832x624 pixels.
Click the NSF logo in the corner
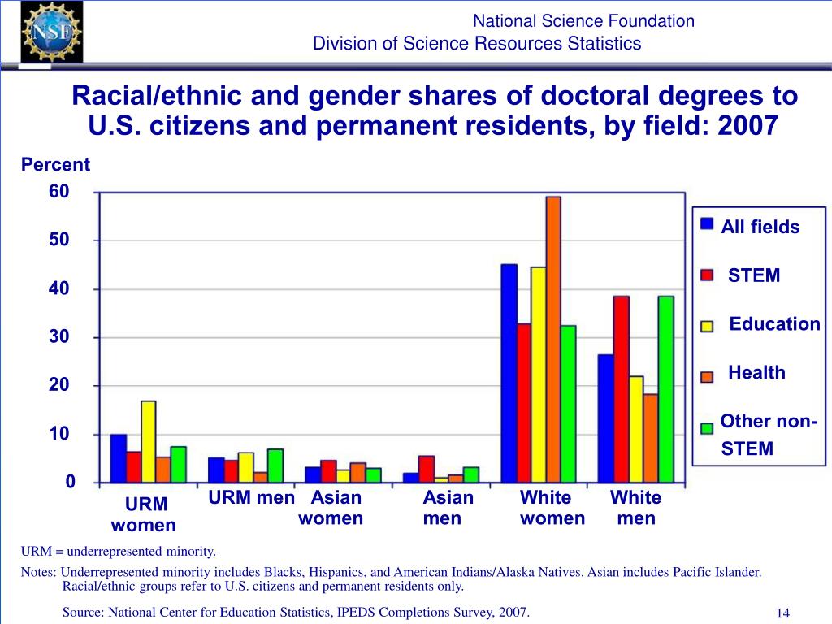click(x=51, y=32)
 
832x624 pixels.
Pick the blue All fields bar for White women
click(x=509, y=373)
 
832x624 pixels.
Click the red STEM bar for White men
click(x=622, y=389)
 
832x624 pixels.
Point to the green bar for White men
click(x=666, y=389)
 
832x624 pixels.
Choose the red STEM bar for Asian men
click(x=427, y=469)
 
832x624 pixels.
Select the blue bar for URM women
click(x=119, y=458)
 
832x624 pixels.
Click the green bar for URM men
click(x=275, y=466)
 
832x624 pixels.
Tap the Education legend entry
click(x=774, y=324)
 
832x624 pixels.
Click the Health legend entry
click(x=756, y=373)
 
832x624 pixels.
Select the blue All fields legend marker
click(x=707, y=223)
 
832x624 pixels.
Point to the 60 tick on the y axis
click(x=59, y=192)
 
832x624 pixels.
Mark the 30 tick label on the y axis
click(x=59, y=336)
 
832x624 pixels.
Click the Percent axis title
click(x=55, y=165)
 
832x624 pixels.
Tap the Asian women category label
click(x=331, y=508)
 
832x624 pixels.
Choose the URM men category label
click(x=251, y=498)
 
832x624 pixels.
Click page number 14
click(x=783, y=613)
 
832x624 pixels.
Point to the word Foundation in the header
click(x=654, y=21)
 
